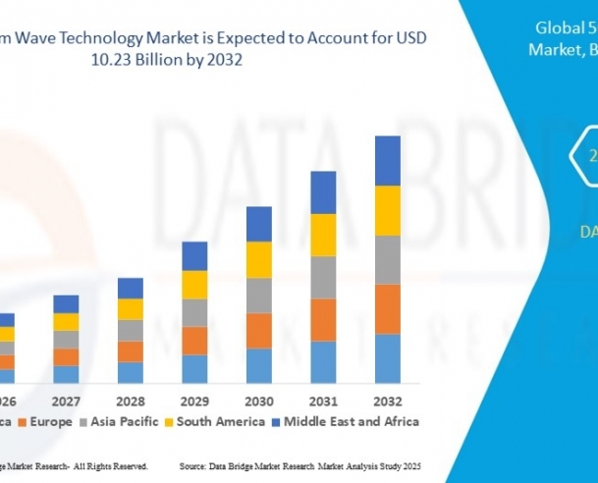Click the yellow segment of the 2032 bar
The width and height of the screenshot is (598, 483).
pos(388,210)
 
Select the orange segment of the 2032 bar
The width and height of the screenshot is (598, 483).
pos(388,308)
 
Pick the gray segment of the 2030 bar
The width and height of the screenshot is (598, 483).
pos(259,295)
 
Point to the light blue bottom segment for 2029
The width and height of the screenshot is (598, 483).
pos(194,368)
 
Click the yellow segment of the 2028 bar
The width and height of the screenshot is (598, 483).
pos(131,308)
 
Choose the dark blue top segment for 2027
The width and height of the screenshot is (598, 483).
pos(66,303)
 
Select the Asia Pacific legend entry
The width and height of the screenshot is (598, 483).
pos(129,422)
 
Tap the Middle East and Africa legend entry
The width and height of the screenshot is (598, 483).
pos(351,422)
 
